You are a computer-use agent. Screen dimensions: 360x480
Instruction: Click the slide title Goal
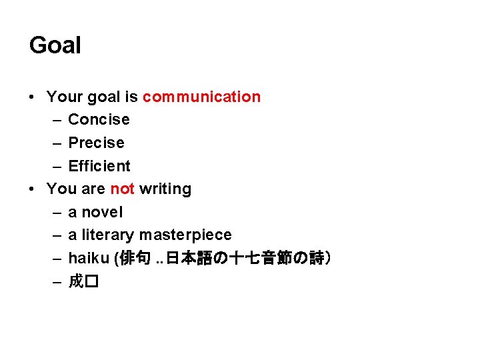(55, 46)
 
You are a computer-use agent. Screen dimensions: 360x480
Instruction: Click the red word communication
(201, 97)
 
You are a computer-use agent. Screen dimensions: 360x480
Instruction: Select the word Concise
(99, 120)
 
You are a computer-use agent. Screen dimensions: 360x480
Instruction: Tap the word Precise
(96, 143)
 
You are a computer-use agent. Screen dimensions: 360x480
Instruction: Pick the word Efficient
(99, 166)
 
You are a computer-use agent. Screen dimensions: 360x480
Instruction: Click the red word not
(123, 189)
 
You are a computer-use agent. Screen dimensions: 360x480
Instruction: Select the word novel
(102, 213)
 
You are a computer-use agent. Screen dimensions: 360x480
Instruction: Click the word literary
(109, 235)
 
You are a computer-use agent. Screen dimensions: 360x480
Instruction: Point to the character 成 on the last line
(76, 282)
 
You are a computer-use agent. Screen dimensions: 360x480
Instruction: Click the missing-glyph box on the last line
(92, 282)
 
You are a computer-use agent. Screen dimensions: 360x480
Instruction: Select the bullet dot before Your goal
(33, 97)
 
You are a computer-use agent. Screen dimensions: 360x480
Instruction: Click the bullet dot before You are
(33, 189)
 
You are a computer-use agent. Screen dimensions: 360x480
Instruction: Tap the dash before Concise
(56, 120)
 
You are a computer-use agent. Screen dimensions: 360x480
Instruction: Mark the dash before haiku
(56, 259)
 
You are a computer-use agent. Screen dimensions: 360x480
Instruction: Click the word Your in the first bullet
(64, 97)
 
